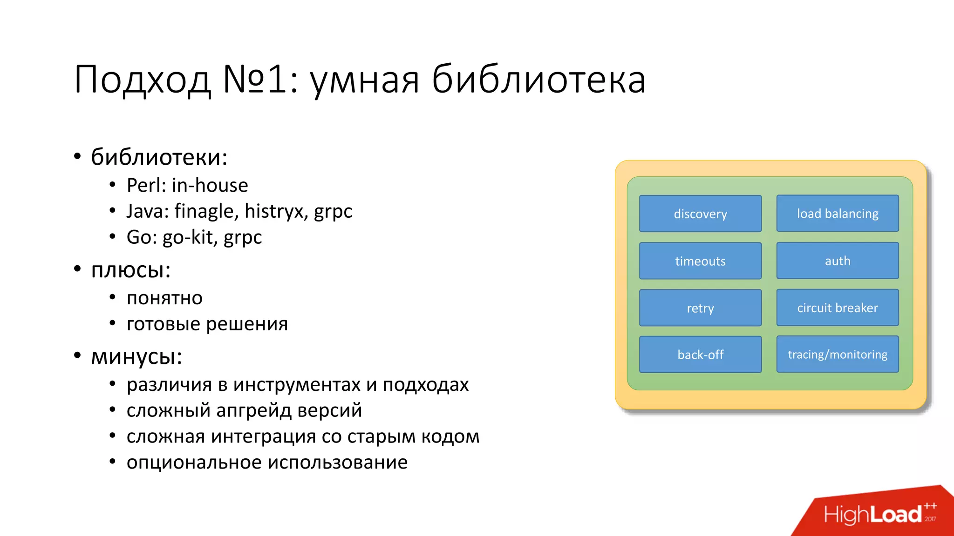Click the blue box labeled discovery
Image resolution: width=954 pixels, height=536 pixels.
tap(700, 214)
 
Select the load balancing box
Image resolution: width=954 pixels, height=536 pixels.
tap(837, 214)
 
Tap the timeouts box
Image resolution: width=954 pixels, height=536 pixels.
tap(700, 261)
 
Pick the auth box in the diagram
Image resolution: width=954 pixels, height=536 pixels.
tap(837, 261)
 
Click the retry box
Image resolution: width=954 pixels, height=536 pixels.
tap(700, 308)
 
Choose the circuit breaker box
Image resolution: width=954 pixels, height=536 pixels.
tap(837, 308)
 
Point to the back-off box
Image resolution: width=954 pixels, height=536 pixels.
tap(700, 355)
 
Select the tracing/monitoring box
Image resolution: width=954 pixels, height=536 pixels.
tap(837, 355)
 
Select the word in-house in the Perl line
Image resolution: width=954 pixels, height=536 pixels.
tap(210, 186)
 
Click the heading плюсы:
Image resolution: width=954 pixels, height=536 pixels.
tap(131, 270)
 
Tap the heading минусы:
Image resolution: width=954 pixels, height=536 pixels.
tap(136, 357)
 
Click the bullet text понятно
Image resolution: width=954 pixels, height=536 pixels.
tap(164, 298)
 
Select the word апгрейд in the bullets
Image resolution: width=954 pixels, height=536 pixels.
tap(253, 411)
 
